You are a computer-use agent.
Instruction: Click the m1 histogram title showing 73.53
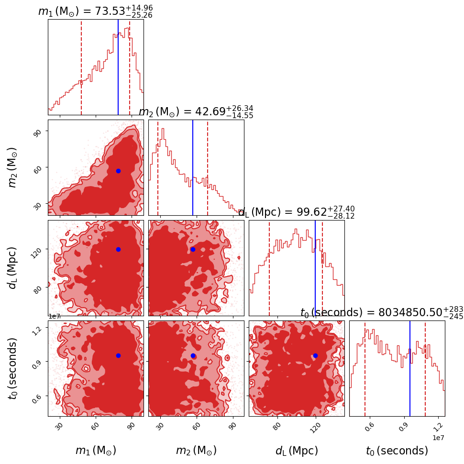95,11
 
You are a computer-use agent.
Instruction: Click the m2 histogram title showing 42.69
196,112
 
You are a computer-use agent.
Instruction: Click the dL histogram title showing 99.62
296,212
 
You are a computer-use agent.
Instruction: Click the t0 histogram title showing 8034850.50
381,313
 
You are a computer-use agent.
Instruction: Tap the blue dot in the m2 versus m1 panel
118,171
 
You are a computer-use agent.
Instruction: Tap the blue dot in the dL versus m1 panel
118,249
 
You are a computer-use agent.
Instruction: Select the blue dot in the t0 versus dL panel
315,355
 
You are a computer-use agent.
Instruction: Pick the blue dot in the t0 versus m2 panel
193,355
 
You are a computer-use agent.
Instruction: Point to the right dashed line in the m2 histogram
208,167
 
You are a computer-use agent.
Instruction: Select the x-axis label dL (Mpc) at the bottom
297,451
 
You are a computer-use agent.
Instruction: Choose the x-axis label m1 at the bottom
96,451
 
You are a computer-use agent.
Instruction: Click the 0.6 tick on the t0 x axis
370,426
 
